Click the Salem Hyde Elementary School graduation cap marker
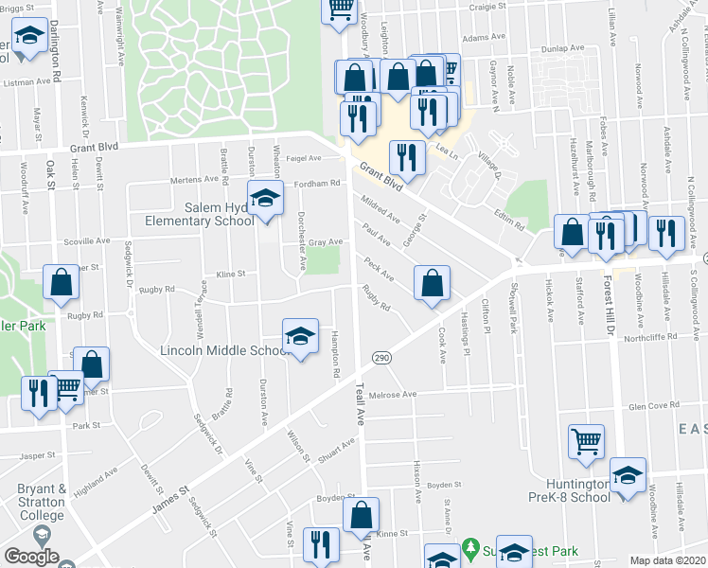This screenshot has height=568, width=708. [x=266, y=199]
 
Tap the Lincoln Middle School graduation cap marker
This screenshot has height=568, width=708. [x=300, y=337]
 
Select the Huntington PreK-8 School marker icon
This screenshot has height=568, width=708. [x=627, y=476]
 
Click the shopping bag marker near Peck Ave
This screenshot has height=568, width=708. [x=432, y=283]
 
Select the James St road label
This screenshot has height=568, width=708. [x=170, y=500]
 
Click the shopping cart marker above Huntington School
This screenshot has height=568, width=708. [x=586, y=441]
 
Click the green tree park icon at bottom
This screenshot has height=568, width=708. [x=470, y=549]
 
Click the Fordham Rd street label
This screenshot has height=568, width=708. [x=316, y=184]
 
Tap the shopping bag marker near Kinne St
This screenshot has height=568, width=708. [x=361, y=516]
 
